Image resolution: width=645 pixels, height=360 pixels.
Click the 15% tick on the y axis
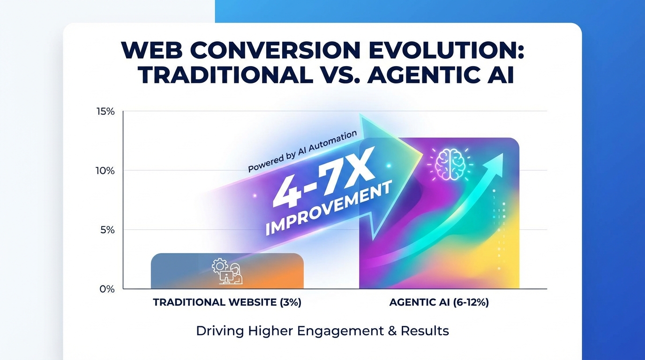(105, 112)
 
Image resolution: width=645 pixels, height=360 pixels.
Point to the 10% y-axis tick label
(105, 171)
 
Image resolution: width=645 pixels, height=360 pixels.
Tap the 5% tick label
(107, 230)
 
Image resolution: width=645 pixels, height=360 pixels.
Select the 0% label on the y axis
(107, 289)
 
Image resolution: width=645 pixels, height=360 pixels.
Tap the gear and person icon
(227, 271)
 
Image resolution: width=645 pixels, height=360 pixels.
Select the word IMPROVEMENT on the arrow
(328, 208)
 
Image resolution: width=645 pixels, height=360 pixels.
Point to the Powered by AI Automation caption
(302, 151)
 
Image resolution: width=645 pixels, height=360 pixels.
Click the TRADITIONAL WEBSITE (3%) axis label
(227, 303)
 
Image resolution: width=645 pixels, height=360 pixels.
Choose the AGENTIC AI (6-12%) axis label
(439, 303)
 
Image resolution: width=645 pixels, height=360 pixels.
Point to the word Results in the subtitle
(425, 331)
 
